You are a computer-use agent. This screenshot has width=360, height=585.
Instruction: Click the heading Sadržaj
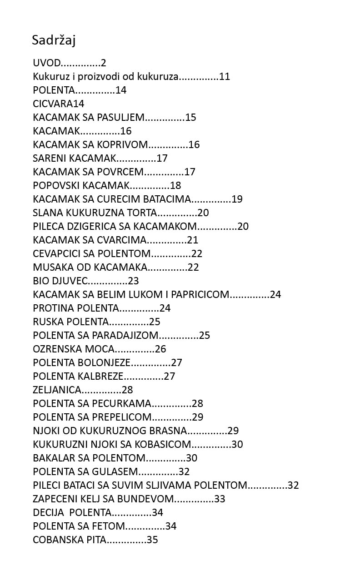[54, 40]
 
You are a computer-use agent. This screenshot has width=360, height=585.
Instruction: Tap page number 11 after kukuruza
[225, 77]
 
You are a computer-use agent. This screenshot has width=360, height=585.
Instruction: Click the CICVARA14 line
[58, 104]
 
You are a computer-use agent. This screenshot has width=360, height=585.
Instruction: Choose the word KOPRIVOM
[123, 145]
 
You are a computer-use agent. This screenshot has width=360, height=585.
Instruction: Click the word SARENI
[48, 159]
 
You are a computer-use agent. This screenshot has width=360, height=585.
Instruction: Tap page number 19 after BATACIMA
[237, 199]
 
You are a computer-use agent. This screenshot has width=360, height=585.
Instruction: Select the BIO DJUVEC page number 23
[133, 281]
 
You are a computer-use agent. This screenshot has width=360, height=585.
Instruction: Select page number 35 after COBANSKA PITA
[152, 540]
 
